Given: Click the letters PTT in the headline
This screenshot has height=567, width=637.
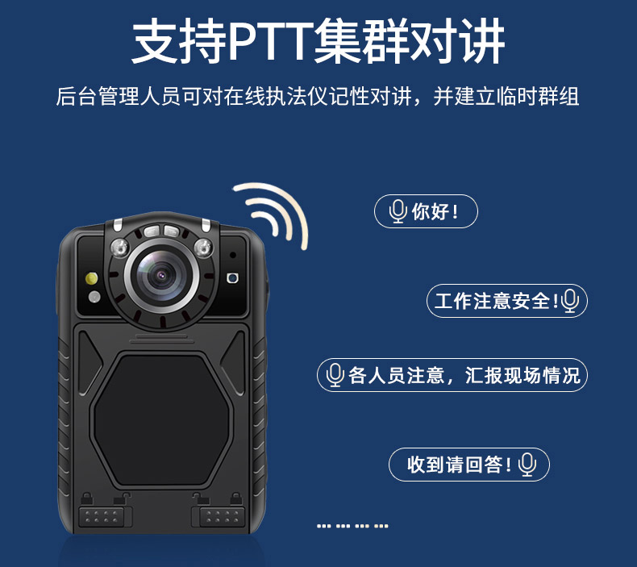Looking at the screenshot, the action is (x=271, y=40).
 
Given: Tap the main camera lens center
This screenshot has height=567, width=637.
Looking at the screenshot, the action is (x=162, y=276).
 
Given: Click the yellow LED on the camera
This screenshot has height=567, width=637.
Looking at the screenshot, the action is (x=92, y=278).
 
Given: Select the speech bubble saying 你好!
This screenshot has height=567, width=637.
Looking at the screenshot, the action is (x=426, y=211).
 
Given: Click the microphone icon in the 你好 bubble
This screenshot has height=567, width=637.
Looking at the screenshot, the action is (x=398, y=211).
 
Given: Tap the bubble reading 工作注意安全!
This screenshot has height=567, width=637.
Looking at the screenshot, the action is (x=507, y=301).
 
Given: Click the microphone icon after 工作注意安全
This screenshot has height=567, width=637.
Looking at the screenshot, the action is (x=570, y=301).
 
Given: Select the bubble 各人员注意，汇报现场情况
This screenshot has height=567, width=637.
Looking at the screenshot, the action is (x=452, y=375).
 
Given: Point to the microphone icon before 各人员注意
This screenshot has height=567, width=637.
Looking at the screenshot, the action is (x=335, y=375).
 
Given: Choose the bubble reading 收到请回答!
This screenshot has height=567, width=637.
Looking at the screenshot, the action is (x=469, y=465).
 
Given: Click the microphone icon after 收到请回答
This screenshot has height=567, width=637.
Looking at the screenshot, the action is (x=527, y=465).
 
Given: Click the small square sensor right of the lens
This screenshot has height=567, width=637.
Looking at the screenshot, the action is (x=232, y=278).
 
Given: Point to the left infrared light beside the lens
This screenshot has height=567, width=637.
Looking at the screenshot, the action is (x=120, y=248).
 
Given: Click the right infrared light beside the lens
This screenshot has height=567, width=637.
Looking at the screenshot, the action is (x=203, y=248).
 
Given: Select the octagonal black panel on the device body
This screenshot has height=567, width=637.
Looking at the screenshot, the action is (x=161, y=420).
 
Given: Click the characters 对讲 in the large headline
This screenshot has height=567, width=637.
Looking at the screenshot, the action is (x=457, y=40).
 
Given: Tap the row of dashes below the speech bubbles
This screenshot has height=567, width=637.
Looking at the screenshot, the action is (x=352, y=526).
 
